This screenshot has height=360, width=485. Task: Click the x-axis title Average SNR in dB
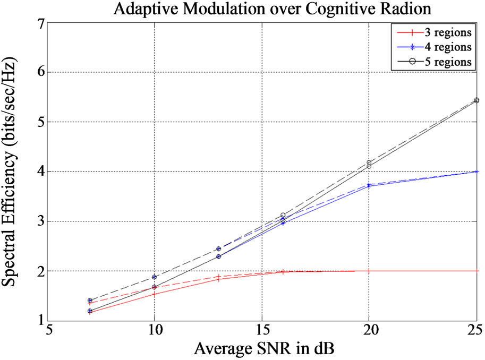click(263, 349)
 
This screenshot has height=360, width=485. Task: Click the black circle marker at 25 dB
click(477, 100)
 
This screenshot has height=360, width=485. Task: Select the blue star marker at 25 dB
click(477, 172)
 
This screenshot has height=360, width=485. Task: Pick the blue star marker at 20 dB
click(369, 185)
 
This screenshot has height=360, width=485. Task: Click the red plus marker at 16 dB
click(283, 271)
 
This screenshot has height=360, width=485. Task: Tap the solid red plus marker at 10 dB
click(155, 294)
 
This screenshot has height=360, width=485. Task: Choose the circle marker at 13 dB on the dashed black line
click(219, 248)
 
